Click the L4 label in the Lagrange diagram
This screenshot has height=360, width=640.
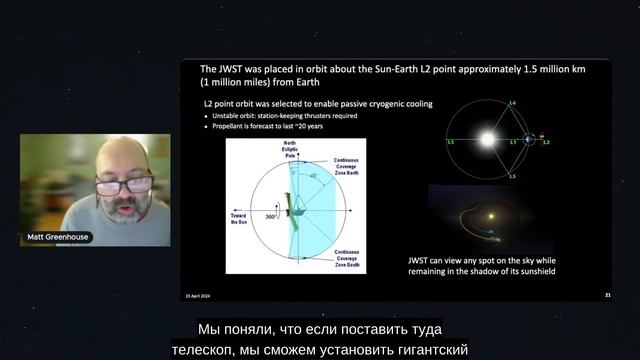coord(512,104)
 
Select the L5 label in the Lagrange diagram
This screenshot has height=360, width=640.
coord(512,176)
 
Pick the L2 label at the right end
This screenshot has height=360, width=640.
coord(545,144)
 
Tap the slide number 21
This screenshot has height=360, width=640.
coord(608,295)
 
